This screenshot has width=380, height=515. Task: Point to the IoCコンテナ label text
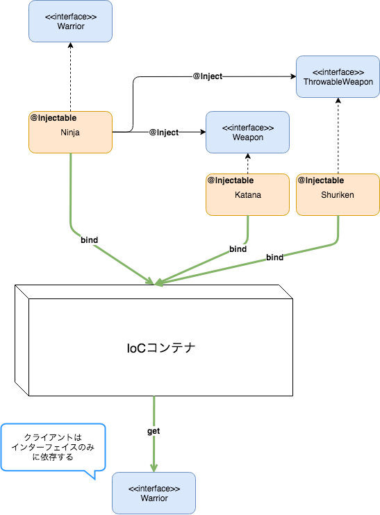pos(160,348)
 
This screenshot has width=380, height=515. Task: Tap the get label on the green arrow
pos(154,431)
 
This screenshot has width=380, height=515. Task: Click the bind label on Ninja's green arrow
pos(89,240)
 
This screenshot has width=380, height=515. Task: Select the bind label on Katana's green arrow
pos(238,248)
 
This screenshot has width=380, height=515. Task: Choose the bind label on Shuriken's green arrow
pos(274,257)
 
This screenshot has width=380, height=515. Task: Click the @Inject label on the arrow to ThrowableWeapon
pos(207,76)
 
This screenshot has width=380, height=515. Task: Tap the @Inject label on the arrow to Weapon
pos(163,132)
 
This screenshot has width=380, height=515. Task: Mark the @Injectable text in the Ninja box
pos(53,117)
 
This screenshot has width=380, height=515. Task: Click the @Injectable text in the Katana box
pos(231,180)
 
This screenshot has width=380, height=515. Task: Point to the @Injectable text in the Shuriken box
pos(321,180)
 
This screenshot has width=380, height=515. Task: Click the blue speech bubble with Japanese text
pos(53,448)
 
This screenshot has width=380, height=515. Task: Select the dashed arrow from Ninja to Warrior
pos(70,76)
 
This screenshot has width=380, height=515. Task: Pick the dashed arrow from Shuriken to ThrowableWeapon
pos(338,136)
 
